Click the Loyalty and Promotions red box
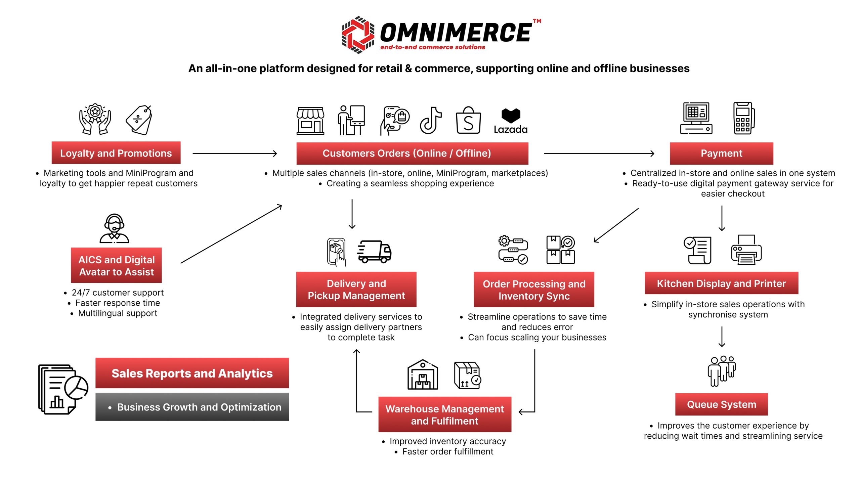coord(116,153)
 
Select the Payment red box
coord(721,153)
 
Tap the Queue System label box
coord(721,404)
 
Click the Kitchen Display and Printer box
coord(721,283)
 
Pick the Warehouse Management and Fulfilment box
coord(444,414)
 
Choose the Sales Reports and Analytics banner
coord(192,373)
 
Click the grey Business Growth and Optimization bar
coord(192,407)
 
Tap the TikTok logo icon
coord(431,120)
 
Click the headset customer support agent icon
coord(114,228)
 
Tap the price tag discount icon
coord(139,120)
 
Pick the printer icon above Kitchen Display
coord(746,250)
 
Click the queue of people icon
coord(722,370)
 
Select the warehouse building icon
coord(423,375)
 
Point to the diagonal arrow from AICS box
coord(231,234)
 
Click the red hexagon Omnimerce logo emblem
coord(358,35)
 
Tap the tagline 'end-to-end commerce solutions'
coord(433,47)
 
